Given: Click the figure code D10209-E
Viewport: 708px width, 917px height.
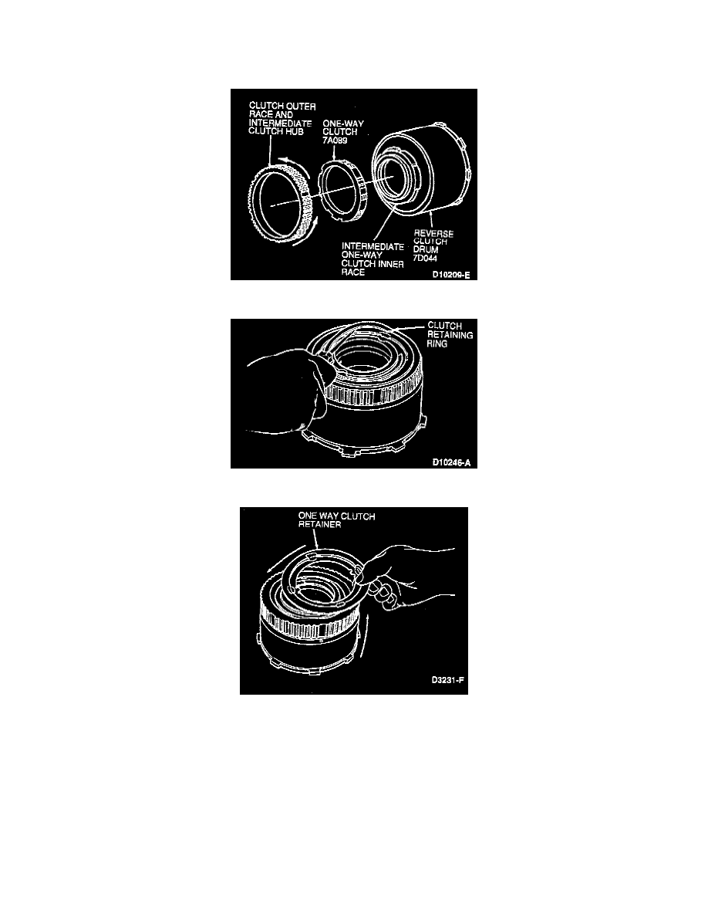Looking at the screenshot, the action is click(451, 274).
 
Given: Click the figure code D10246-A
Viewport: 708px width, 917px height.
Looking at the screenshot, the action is click(451, 462).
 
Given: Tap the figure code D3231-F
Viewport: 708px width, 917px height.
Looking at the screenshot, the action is click(448, 680).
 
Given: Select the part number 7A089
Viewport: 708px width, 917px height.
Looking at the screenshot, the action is click(335, 140).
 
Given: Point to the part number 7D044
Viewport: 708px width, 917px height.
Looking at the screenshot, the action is click(425, 258).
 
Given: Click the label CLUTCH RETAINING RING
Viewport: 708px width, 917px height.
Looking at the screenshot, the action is click(450, 334).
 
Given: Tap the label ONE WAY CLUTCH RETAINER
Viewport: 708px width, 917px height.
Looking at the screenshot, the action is click(336, 520).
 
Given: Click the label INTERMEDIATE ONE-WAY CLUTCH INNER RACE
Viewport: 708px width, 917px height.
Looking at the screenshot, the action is click(373, 259).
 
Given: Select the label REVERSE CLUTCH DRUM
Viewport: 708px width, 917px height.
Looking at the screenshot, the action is click(433, 242).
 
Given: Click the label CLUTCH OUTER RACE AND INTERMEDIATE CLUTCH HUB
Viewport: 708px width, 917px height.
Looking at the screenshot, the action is click(282, 119).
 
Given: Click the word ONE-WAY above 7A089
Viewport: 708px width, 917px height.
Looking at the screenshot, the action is click(343, 124).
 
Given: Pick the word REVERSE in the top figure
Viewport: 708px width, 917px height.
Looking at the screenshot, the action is click(433, 233).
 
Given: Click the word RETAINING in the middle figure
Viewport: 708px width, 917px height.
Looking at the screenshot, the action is click(450, 334).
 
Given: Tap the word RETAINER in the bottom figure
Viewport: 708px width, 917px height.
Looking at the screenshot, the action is click(319, 524).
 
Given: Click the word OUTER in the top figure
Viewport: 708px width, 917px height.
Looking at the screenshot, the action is click(301, 107).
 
